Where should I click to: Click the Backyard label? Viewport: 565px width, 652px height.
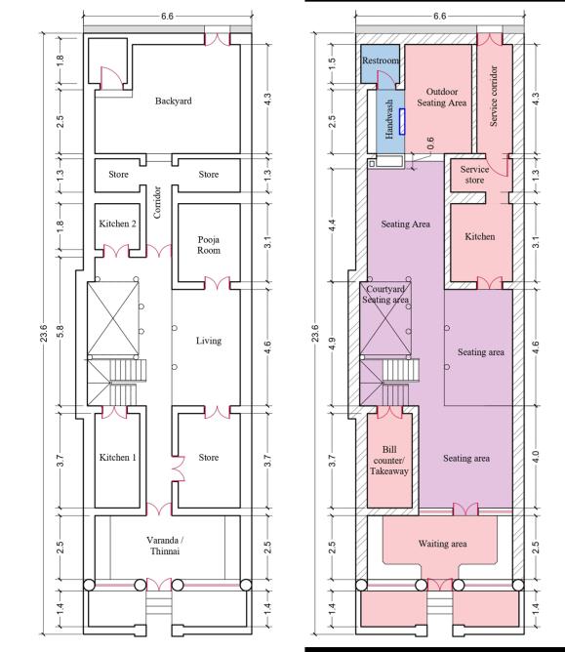point(174,102)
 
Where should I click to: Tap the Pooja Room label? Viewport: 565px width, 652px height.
point(209,245)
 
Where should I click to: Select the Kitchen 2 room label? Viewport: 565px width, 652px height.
point(117,224)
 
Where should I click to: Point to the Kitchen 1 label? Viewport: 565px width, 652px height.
point(118,458)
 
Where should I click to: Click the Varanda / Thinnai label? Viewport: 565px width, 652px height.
point(165,546)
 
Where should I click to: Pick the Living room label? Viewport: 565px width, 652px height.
point(209,341)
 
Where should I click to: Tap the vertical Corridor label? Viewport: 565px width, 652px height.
point(157,202)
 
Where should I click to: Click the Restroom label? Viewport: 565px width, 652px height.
point(381,61)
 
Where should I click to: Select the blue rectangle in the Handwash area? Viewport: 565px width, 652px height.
point(402,121)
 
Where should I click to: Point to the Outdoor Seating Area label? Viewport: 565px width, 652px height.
point(441,97)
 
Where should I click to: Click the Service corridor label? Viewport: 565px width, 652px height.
point(494,96)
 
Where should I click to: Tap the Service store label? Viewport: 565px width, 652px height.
point(474,175)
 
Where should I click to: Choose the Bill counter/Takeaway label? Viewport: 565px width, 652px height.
point(389,461)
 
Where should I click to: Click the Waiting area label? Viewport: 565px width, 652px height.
point(442,544)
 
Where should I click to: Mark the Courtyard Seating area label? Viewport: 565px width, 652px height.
point(385,294)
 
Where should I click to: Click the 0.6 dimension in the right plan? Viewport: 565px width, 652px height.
point(430,143)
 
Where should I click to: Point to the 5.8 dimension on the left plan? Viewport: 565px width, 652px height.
point(60,332)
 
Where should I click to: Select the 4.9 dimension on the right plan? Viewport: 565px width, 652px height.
point(332,344)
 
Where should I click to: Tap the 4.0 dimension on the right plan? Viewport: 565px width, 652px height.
point(536,457)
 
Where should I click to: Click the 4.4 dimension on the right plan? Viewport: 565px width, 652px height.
point(332,224)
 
